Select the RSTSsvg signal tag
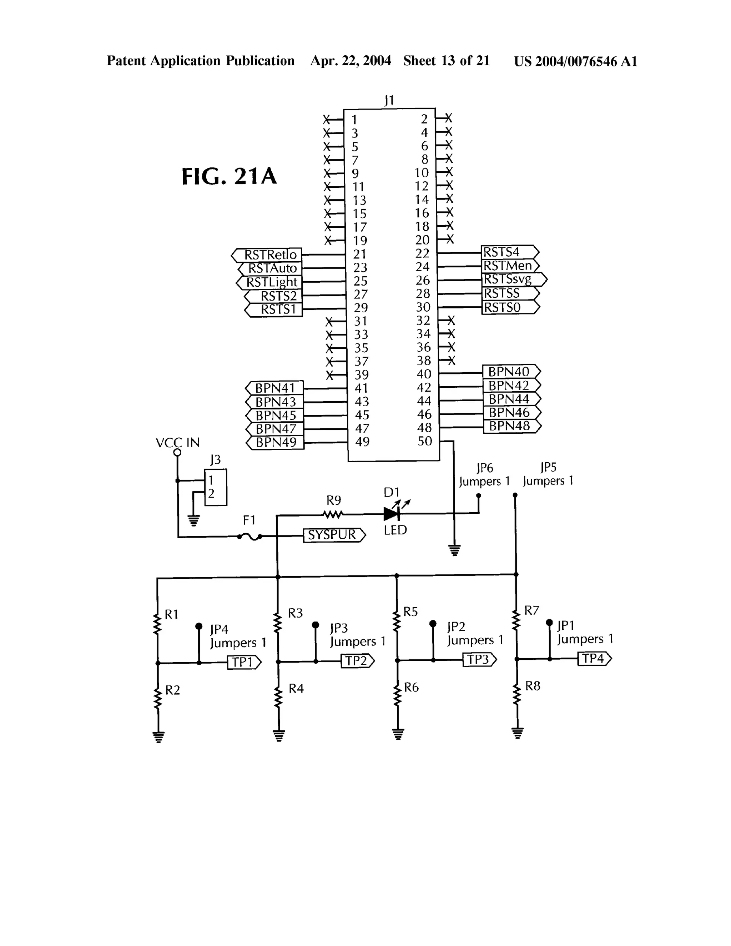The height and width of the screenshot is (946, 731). click(514, 280)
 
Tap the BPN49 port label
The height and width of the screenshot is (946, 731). click(276, 443)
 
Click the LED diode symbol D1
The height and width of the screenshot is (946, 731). click(392, 514)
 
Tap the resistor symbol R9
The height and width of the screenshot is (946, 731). click(333, 514)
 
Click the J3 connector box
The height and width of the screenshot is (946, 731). click(216, 487)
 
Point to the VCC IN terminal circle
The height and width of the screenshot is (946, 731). click(177, 453)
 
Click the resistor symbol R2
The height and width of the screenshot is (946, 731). click(158, 698)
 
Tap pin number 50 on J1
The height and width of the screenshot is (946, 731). click(425, 441)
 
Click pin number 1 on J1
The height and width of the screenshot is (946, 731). click(354, 119)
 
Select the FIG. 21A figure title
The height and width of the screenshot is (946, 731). click(229, 176)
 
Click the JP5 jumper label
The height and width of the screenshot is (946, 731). click(548, 467)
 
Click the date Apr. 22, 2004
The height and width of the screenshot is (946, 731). click(351, 61)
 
